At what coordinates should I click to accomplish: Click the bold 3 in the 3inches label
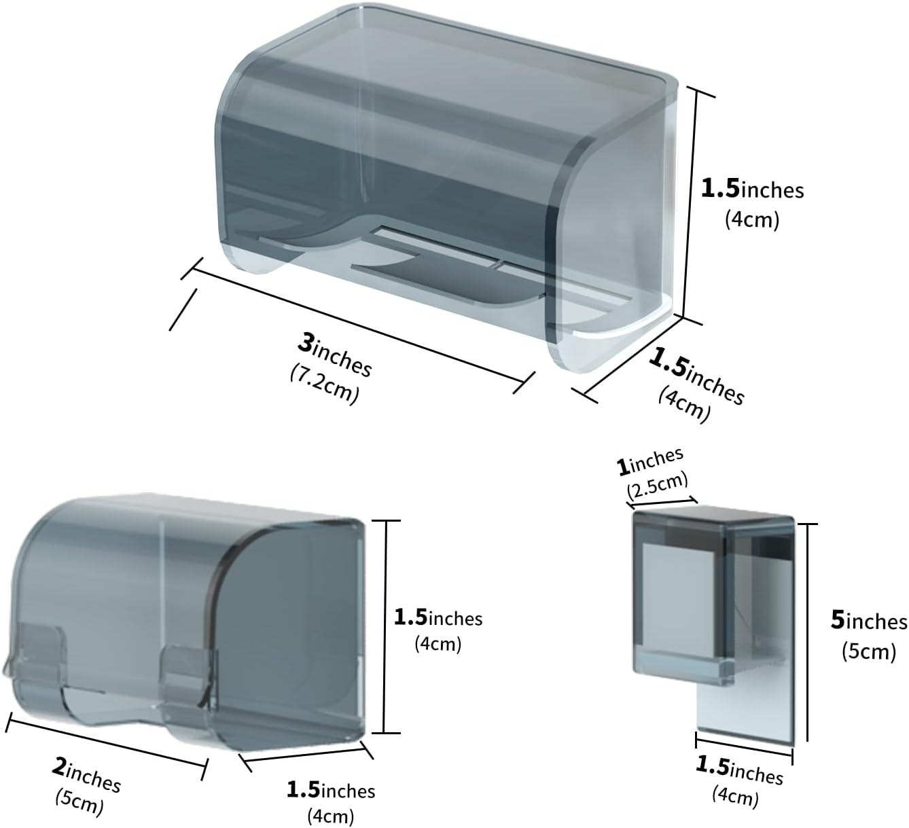(x=306, y=342)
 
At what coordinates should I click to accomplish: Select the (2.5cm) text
(x=658, y=485)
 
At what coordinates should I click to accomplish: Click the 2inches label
(x=86, y=775)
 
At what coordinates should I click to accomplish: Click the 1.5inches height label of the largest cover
(x=752, y=189)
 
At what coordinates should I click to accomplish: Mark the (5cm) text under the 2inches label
(x=79, y=802)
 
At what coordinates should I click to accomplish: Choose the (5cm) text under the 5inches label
(x=869, y=652)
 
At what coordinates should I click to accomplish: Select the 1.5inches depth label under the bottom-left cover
(x=331, y=790)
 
